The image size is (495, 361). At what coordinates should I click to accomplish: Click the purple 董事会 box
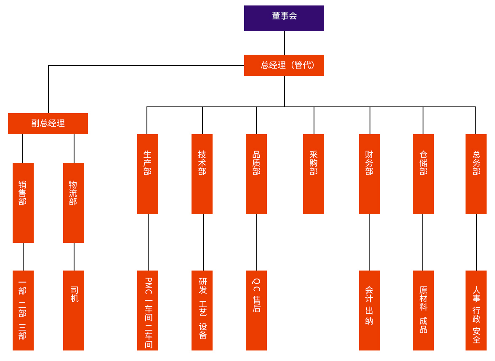pos(284,18)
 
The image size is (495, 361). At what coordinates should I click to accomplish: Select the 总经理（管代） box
pos(284,65)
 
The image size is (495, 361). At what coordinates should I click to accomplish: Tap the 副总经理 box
pos(48,124)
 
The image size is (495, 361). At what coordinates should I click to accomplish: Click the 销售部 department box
pos(23,203)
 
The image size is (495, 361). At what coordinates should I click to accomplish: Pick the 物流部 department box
pos(74,203)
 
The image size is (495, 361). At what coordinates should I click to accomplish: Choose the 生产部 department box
pos(148,174)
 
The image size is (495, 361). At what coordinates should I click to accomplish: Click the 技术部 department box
pos(202,174)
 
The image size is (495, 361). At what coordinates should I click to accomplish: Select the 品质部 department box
pos(256,174)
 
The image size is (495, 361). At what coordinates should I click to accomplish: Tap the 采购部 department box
pos(314,174)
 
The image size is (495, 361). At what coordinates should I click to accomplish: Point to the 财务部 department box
pos(370,174)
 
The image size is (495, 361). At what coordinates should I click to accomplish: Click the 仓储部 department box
pos(423,174)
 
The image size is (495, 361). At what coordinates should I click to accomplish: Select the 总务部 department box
pos(476,174)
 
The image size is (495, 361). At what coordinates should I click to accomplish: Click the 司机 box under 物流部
pos(74,311)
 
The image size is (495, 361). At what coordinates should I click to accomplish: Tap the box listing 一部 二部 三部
pos(23,311)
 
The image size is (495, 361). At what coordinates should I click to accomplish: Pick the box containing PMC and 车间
pos(148,311)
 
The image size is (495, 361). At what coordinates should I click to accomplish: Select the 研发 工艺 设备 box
pos(202,311)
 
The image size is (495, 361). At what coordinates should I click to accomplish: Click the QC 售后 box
pos(256,311)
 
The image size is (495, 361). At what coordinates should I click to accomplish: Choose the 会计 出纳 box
pos(370,311)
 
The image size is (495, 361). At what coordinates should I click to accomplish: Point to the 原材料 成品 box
pos(423,311)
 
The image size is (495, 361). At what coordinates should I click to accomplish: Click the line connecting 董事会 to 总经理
pos(285,43)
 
